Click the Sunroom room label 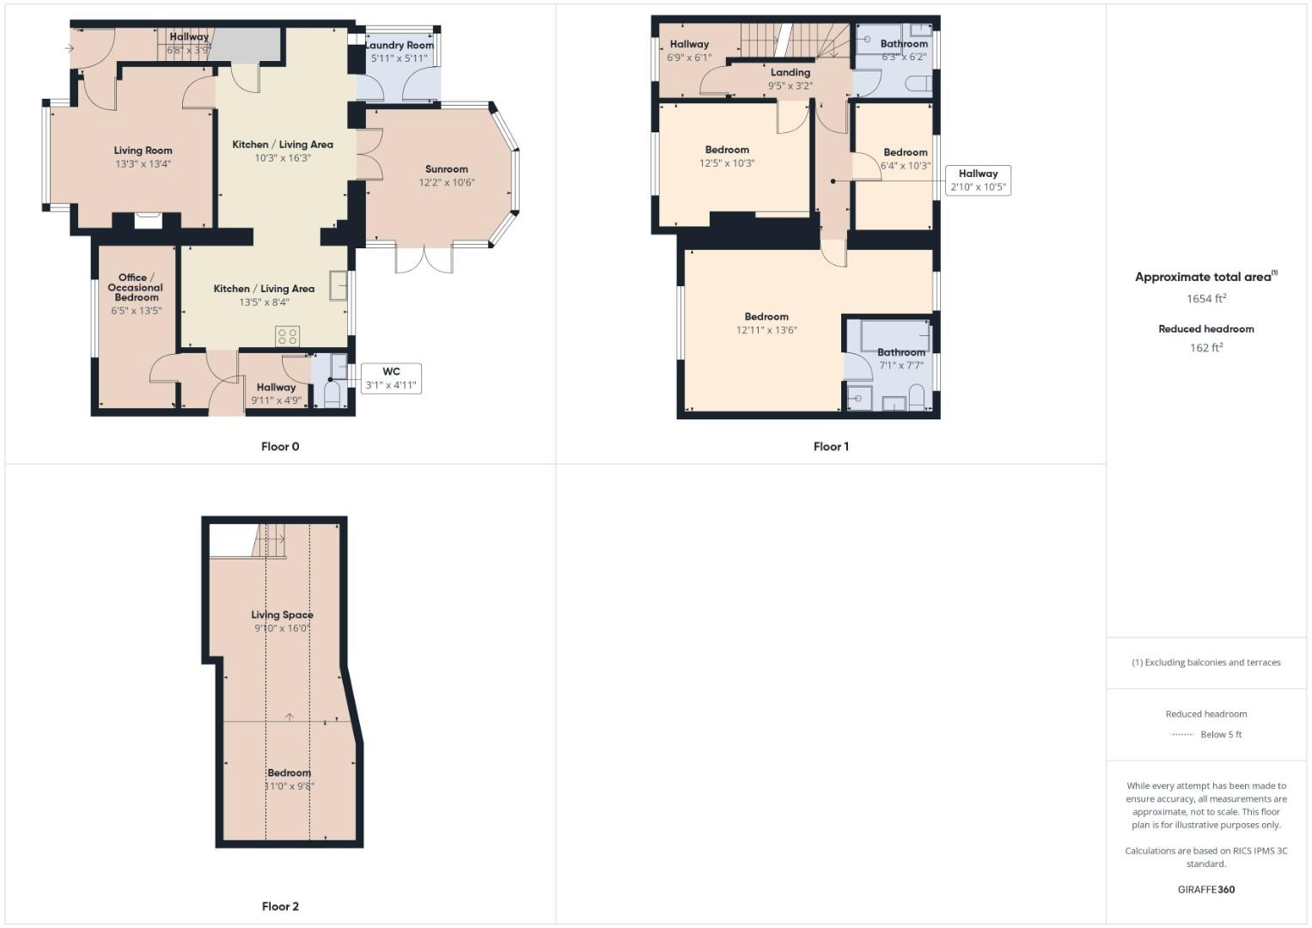tap(446, 169)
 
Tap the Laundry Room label tap(400, 45)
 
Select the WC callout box tap(391, 378)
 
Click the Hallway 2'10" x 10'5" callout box tap(978, 180)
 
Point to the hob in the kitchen tap(288, 336)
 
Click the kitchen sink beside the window tap(338, 286)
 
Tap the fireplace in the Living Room tap(148, 220)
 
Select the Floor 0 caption tap(280, 447)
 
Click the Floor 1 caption tap(831, 447)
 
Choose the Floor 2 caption tap(280, 907)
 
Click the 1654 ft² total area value tap(1205, 299)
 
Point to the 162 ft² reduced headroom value tap(1205, 348)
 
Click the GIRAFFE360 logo tap(1205, 889)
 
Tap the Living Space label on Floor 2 tap(282, 614)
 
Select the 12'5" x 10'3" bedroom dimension tap(727, 163)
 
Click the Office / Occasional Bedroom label tap(136, 287)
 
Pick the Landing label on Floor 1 tap(790, 72)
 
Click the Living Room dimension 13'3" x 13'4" tap(143, 163)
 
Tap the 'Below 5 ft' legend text tap(1221, 735)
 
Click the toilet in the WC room tap(332, 397)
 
